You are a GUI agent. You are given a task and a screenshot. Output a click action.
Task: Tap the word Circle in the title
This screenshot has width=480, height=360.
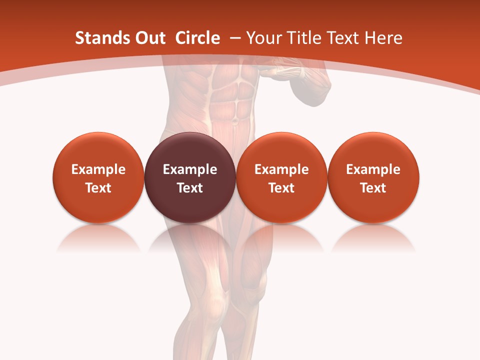197,38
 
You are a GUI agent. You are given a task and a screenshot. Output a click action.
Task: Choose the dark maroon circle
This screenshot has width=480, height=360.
190,177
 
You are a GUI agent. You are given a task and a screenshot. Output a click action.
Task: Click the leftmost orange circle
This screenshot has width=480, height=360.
98,177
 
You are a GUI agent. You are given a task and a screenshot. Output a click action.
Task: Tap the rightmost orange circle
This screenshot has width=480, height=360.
373,177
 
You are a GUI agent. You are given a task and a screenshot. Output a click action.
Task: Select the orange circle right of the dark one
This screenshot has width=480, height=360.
281,177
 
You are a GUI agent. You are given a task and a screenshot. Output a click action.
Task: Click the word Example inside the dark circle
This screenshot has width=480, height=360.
190,169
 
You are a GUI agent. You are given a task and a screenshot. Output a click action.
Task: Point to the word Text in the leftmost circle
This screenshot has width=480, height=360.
98,188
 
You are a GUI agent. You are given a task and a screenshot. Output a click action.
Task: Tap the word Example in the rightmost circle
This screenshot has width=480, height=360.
373,169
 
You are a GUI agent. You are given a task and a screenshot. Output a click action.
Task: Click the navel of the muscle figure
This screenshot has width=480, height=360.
235,120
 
